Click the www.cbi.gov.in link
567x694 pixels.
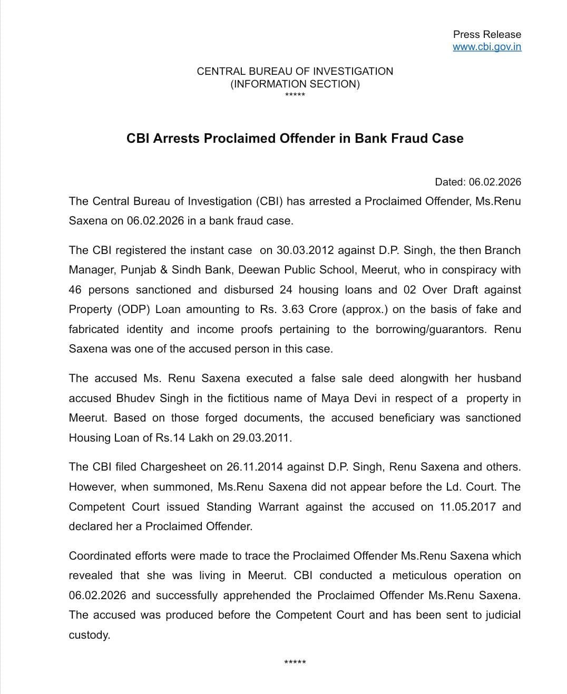coord(487,46)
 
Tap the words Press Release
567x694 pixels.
coord(487,34)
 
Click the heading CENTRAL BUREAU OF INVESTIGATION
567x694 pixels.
coord(295,71)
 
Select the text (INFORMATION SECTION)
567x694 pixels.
coord(295,84)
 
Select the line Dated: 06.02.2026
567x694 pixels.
coord(477,182)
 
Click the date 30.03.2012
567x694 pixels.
coord(305,250)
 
